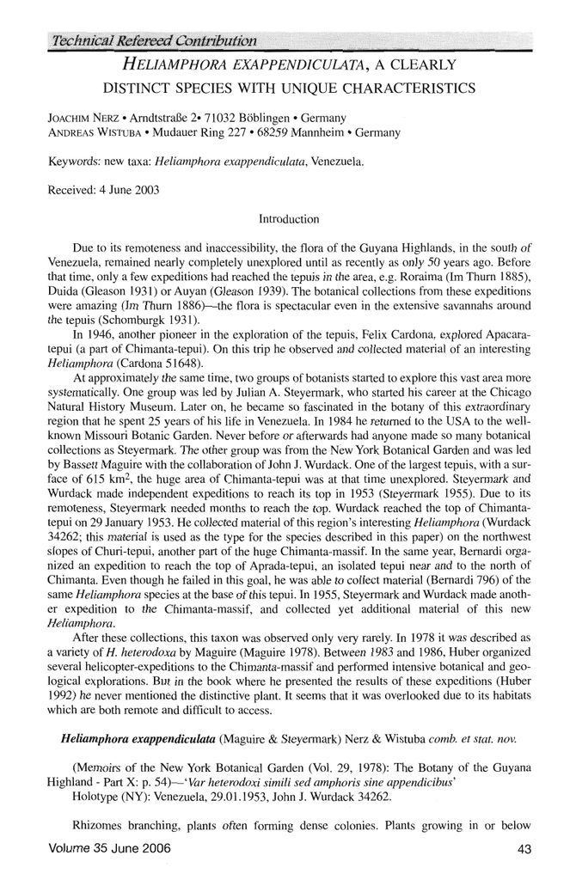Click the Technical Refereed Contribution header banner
155,40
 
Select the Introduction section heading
287,219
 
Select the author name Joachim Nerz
78,117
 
